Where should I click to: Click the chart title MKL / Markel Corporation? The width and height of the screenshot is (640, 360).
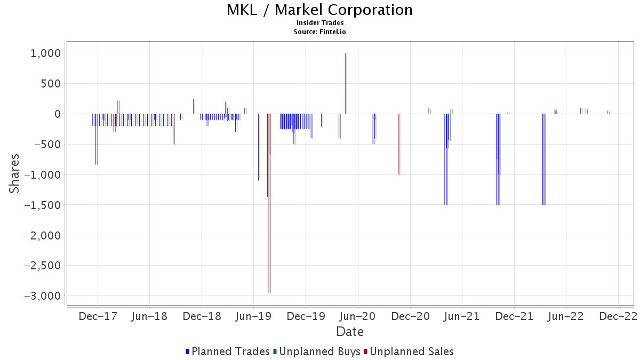coord(319,10)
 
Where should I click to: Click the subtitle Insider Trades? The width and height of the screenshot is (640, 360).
coord(319,23)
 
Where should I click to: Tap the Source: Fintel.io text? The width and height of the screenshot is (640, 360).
coord(319,31)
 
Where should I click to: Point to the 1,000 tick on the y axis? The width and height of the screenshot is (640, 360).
coord(46,53)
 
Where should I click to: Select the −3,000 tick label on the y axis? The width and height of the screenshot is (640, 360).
coord(43,295)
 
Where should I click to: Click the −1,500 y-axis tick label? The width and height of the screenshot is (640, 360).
coord(43,205)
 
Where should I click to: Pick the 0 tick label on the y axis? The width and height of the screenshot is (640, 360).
coord(58,114)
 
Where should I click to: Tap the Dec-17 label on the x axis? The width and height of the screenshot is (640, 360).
coord(98,316)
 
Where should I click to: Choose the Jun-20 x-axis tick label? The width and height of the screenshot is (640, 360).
coord(358,316)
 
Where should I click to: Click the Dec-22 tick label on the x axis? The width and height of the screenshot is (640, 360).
coord(618,316)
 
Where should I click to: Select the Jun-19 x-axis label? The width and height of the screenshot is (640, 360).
coord(253,316)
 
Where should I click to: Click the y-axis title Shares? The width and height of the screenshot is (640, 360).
coord(14,173)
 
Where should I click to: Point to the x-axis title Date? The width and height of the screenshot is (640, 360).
coord(350,332)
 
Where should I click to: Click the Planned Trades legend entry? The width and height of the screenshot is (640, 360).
coord(227,351)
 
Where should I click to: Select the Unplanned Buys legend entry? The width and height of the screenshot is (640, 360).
coord(317,351)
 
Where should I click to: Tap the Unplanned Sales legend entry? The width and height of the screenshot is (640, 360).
coord(409,351)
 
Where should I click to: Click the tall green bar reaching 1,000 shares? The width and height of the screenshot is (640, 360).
coord(346,83)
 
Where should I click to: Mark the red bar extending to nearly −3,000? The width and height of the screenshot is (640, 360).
coord(269,203)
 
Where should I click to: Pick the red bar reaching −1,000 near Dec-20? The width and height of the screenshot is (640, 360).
coord(398,144)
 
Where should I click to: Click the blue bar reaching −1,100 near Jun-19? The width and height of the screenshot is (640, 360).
coord(258,147)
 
